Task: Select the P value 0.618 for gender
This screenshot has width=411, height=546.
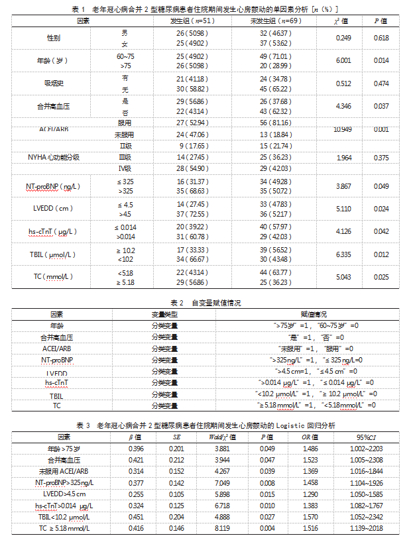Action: click(x=381, y=38)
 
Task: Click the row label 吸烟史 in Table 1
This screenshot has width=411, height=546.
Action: click(x=50, y=83)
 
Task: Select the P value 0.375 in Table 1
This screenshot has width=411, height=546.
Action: click(x=381, y=157)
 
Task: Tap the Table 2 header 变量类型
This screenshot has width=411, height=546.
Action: click(x=161, y=313)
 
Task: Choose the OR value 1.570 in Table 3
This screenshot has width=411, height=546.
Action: click(x=310, y=516)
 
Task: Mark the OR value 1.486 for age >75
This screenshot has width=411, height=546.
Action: click(x=310, y=449)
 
